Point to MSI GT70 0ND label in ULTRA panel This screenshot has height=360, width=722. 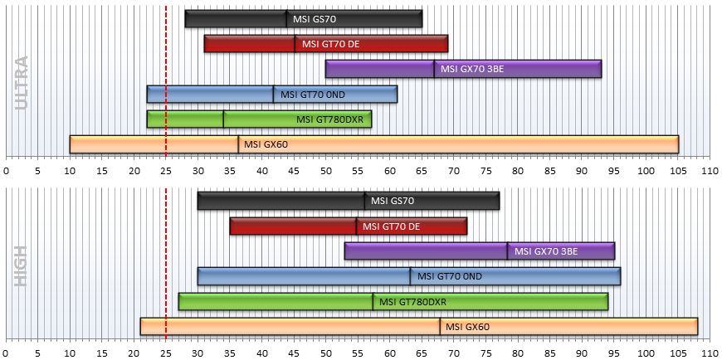pos(313,95)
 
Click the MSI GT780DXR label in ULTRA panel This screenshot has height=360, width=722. pos(329,120)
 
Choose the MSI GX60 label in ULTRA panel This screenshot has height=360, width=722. pos(266,144)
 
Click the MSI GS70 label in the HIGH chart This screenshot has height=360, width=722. pos(393,201)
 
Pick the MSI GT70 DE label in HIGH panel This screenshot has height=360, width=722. pos(392,226)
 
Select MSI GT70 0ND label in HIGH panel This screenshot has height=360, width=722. pos(450,277)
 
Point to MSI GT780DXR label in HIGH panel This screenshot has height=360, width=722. pos(413,302)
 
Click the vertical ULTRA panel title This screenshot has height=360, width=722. pos(22,82)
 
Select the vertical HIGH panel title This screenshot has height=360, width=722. pos(22,265)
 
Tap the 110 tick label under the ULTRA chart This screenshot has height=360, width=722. pos(710,171)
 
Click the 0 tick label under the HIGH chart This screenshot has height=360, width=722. pos(6,353)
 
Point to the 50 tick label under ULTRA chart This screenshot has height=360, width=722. pos(325,171)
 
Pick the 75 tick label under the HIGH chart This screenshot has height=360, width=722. pos(485,353)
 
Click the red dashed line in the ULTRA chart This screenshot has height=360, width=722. pos(166,81)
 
